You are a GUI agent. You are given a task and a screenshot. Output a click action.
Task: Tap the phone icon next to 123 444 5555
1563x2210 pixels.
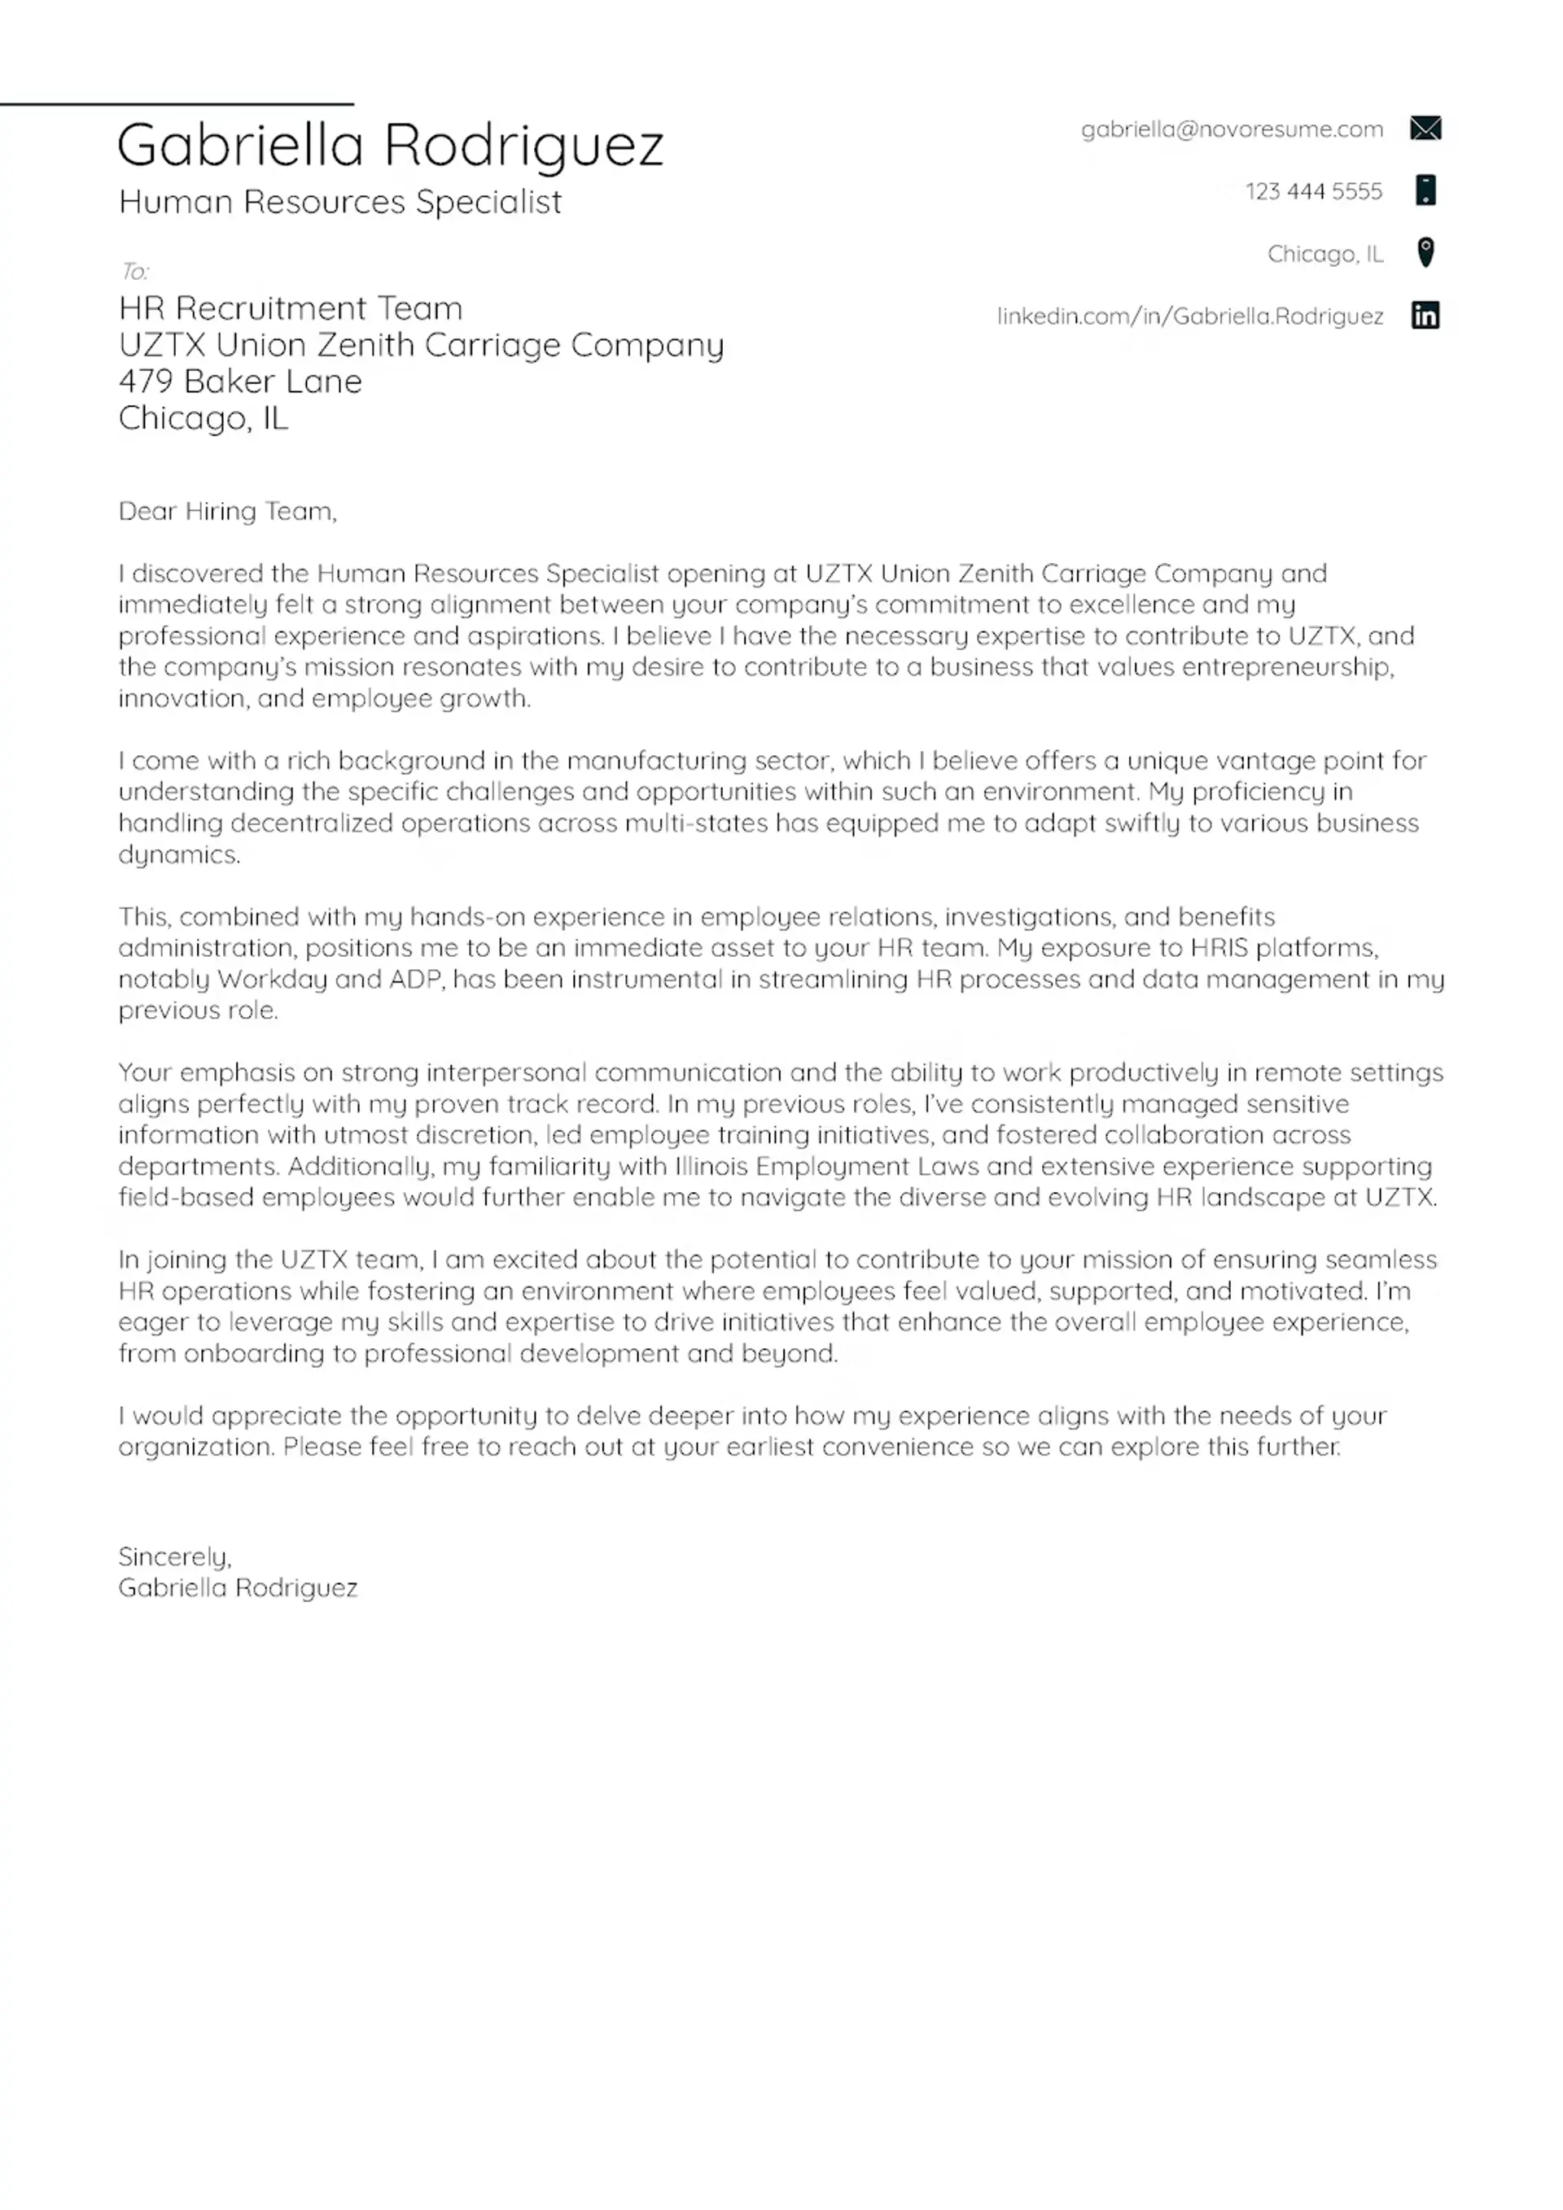click(x=1425, y=190)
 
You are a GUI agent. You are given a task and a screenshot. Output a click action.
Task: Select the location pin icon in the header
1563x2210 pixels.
click(x=1425, y=252)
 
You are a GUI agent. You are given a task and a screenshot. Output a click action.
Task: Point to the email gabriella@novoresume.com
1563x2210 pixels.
click(x=1231, y=130)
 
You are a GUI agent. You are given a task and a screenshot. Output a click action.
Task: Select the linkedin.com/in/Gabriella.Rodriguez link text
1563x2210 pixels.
click(x=1189, y=317)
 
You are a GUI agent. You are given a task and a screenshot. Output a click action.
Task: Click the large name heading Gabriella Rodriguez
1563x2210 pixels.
click(x=390, y=146)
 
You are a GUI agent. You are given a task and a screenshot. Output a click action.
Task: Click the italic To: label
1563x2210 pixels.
click(x=134, y=272)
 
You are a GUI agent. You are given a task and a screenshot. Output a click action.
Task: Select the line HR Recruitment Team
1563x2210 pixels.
click(x=290, y=309)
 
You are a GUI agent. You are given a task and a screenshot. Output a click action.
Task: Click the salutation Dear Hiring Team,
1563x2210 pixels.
click(x=227, y=511)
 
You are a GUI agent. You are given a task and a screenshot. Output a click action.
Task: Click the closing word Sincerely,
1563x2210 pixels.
click(x=174, y=1557)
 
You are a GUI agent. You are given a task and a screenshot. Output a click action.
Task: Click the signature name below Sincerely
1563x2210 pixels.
click(x=237, y=1588)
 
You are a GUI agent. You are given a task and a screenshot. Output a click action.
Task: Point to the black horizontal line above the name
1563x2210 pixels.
click(x=177, y=103)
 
